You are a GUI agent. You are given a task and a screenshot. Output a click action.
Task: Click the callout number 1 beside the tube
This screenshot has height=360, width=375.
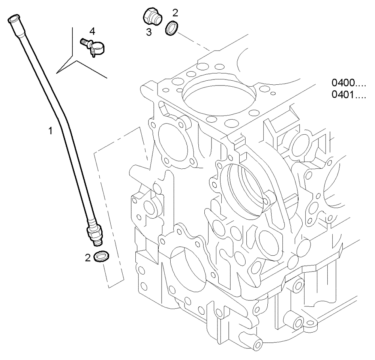pos(49,131)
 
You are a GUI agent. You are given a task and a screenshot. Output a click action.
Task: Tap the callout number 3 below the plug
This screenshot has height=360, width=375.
pos(149,32)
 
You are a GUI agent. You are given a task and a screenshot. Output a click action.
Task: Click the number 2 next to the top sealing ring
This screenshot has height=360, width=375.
pos(175,13)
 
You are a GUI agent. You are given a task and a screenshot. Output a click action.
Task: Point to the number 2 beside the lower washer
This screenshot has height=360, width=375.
pos(87,258)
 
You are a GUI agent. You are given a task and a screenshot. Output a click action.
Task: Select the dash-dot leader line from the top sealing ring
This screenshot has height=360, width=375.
pos(193,42)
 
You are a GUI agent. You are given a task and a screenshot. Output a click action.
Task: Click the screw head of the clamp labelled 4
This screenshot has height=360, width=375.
pos(84,42)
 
